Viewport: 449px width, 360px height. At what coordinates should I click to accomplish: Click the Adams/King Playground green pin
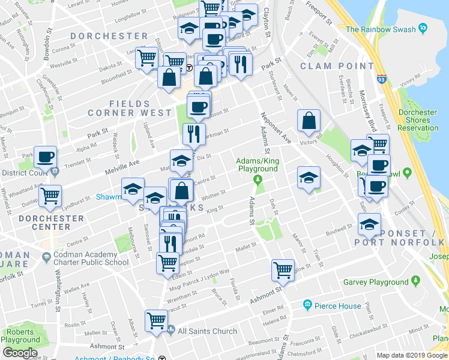point(258,179)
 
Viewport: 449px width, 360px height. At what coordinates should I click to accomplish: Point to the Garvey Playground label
point(375,282)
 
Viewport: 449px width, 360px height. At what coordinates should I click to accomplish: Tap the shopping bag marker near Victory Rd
point(309,121)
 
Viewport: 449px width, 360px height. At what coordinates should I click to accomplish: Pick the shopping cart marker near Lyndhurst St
point(50,195)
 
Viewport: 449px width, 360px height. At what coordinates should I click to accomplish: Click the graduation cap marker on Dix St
point(181,160)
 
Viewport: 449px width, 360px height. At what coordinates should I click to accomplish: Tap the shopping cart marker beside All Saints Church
point(156,320)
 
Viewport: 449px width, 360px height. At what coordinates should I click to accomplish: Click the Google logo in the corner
point(20,353)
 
